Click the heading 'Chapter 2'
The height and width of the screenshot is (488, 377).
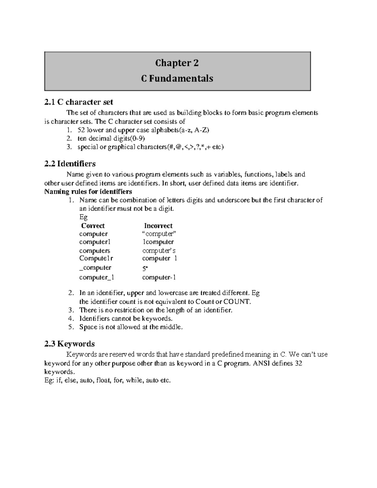tap(177, 63)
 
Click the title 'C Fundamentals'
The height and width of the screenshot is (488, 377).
tap(177, 78)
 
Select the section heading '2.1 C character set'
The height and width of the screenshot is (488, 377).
tap(79, 102)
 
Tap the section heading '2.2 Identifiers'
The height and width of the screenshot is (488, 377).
tap(70, 164)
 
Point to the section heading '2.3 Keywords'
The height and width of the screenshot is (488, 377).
tap(69, 344)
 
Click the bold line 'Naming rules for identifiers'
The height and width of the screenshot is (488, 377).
tap(88, 191)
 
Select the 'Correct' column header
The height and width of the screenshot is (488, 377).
tap(93, 226)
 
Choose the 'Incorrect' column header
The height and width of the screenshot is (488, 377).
tap(158, 226)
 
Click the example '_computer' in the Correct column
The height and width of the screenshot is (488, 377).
tap(95, 267)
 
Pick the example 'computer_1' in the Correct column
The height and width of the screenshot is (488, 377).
tap(96, 277)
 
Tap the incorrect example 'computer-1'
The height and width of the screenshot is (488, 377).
tap(159, 277)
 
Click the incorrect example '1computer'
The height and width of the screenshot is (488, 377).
tap(158, 242)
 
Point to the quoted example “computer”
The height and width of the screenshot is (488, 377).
tap(159, 234)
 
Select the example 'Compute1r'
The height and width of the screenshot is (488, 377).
tap(96, 258)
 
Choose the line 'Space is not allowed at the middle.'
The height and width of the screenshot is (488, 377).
tap(131, 327)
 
